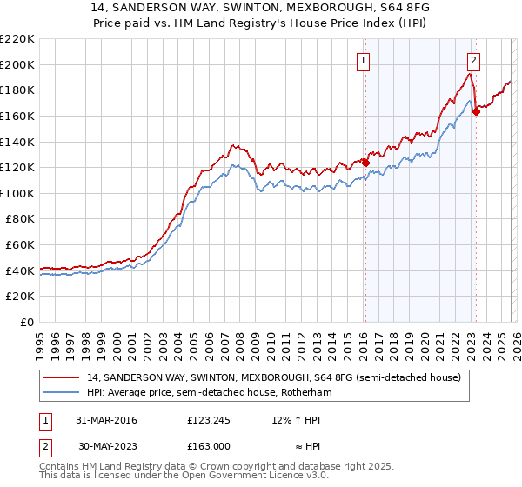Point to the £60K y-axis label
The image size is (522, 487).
click(x=20, y=245)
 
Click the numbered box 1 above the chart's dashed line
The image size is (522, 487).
click(x=363, y=60)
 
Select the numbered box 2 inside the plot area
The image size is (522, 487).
click(x=473, y=60)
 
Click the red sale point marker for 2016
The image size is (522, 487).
click(x=365, y=163)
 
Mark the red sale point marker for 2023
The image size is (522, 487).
click(x=476, y=111)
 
